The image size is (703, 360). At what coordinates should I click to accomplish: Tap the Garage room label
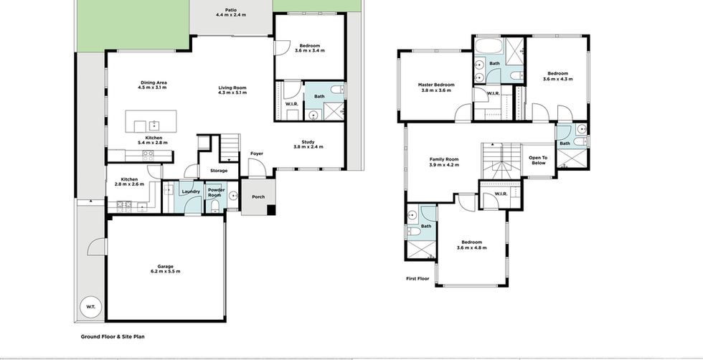coord(166,266)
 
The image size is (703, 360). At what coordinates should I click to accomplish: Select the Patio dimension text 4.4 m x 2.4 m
coord(230,15)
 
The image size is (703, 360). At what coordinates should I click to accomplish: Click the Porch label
coord(258,196)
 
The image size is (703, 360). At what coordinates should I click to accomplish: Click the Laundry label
coord(191,191)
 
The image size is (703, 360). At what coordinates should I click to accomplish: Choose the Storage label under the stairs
coord(219,171)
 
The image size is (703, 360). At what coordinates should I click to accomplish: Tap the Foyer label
coord(257,153)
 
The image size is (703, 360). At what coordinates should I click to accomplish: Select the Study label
coord(308,142)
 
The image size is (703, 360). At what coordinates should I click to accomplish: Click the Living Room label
coord(232,88)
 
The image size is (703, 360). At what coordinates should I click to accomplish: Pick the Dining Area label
coord(154,82)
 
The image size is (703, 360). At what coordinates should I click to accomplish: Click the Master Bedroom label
coord(436,85)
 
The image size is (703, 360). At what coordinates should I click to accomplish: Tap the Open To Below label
coord(539,161)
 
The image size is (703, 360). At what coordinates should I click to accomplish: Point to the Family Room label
coord(444,159)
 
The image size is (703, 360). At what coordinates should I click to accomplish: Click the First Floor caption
coord(417,278)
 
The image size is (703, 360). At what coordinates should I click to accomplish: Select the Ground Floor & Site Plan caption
coord(113,336)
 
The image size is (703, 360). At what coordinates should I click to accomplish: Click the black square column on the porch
coord(271,209)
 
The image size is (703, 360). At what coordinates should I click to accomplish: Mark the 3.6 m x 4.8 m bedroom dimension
coord(472,247)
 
